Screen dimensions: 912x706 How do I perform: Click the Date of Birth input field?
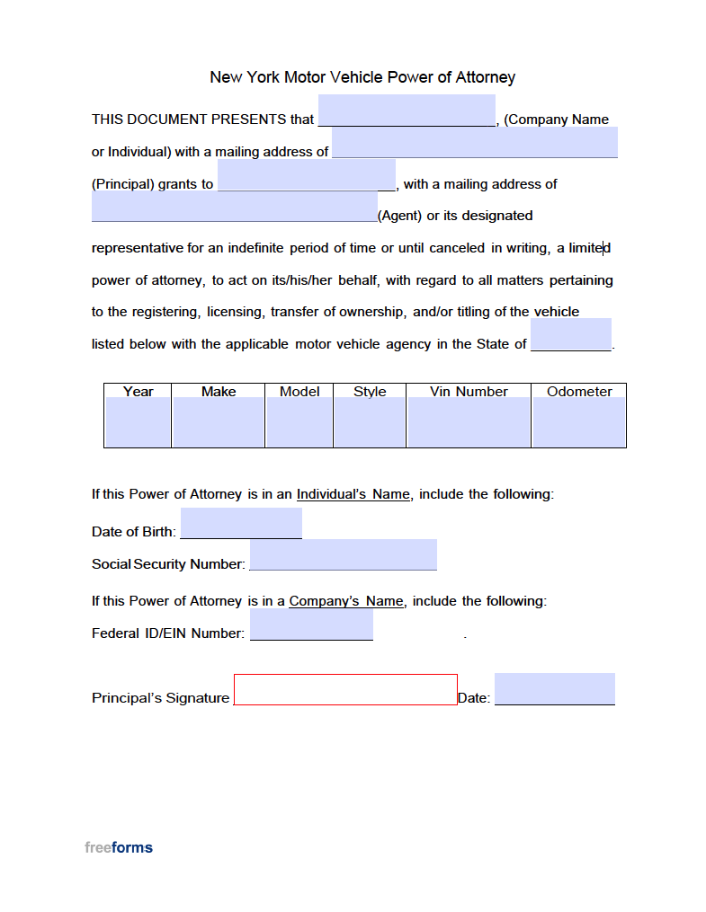click(241, 523)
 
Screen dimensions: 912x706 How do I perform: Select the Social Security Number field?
click(343, 554)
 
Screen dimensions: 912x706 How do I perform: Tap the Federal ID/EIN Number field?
click(311, 624)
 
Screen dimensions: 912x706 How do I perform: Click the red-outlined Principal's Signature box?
click(345, 689)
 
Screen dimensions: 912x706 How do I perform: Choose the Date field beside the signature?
click(554, 689)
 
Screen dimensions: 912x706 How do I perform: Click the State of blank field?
click(571, 334)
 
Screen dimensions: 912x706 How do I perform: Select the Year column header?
click(138, 392)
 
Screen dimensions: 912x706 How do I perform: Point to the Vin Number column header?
click(469, 392)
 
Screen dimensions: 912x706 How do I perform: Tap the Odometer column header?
click(579, 392)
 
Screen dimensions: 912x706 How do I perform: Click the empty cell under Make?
click(219, 422)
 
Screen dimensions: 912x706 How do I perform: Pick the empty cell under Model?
click(299, 422)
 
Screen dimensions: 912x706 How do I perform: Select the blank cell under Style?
click(370, 422)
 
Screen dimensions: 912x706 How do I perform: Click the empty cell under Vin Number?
click(469, 422)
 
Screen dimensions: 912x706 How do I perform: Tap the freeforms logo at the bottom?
click(119, 847)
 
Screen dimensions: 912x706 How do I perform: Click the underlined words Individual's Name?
click(353, 494)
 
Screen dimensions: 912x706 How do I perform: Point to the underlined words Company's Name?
click(345, 601)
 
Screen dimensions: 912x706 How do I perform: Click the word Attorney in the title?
click(485, 77)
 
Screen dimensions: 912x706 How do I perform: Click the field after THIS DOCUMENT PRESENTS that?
click(407, 111)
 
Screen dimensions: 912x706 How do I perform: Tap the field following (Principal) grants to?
click(306, 175)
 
